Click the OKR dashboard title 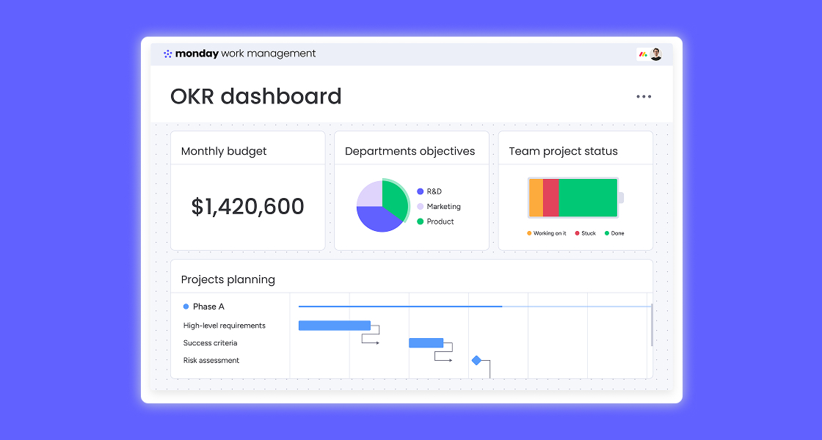click(255, 96)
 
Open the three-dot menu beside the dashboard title click(644, 97)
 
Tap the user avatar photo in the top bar click(655, 54)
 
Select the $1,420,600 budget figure click(247, 207)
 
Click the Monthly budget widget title click(224, 151)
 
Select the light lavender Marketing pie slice click(368, 194)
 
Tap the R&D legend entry click(434, 191)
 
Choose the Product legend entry click(440, 221)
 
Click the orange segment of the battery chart click(536, 198)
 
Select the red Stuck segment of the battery click(551, 198)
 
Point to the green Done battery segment click(588, 198)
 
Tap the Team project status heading click(563, 151)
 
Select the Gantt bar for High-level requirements click(335, 326)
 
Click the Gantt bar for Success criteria click(426, 342)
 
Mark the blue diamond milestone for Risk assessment click(476, 360)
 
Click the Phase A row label click(208, 307)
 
